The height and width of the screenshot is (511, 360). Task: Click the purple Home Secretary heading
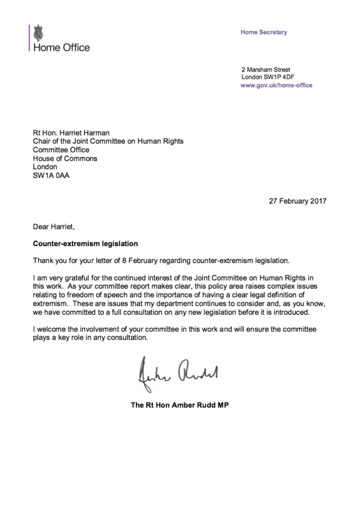click(264, 33)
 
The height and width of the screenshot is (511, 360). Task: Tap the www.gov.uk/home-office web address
click(276, 85)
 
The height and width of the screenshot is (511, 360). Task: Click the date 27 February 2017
click(297, 201)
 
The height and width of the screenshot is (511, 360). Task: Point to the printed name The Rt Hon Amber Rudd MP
click(179, 405)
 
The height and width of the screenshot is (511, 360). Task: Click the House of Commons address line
click(65, 159)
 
